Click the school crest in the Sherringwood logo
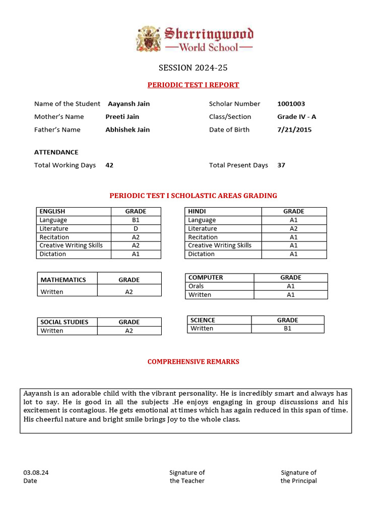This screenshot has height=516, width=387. pyautogui.click(x=150, y=39)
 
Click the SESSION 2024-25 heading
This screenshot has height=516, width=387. pyautogui.click(x=189, y=68)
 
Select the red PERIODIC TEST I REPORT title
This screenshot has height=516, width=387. pyautogui.click(x=193, y=85)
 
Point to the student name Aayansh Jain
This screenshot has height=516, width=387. pyautogui.click(x=128, y=104)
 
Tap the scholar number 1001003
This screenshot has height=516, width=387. pyautogui.click(x=291, y=104)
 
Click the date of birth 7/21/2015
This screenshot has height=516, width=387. pyautogui.click(x=294, y=130)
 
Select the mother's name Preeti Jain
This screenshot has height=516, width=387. pyautogui.click(x=122, y=116)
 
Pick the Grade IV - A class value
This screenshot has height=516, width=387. pyautogui.click(x=296, y=116)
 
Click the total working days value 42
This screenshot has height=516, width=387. pyautogui.click(x=109, y=165)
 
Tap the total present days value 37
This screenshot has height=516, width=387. pyautogui.click(x=281, y=165)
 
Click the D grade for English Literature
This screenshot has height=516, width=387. pyautogui.click(x=136, y=229)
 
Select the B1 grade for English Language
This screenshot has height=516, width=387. pyautogui.click(x=136, y=220)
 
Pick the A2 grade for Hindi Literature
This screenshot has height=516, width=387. pyautogui.click(x=293, y=229)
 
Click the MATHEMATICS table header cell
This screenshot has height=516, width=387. pyautogui.click(x=63, y=280)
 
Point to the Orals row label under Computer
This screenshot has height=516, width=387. pyautogui.click(x=196, y=286)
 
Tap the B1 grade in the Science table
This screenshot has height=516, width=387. pyautogui.click(x=287, y=329)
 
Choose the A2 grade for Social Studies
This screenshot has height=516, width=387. pyautogui.click(x=129, y=331)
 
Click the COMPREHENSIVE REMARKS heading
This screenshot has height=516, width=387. pyautogui.click(x=193, y=362)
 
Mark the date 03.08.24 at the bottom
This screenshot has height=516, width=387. pyautogui.click(x=36, y=473)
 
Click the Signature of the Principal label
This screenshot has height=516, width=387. pyautogui.click(x=299, y=477)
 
